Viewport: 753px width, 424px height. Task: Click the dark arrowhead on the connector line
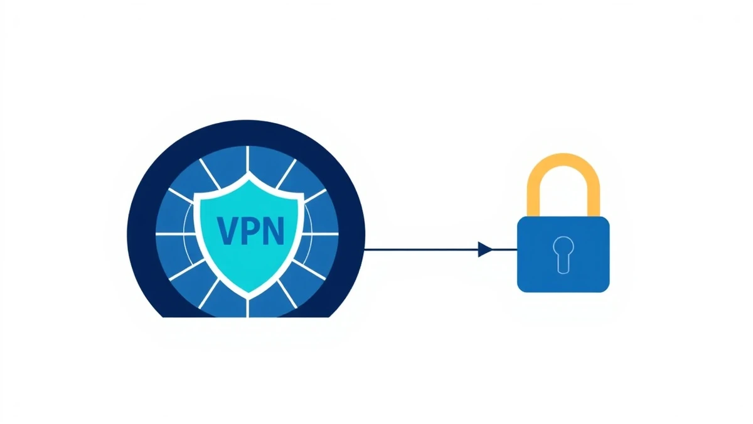click(484, 249)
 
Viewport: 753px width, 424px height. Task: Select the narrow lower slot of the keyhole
click(563, 263)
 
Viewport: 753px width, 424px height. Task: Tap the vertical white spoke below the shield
click(249, 306)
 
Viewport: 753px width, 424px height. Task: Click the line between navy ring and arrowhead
click(420, 249)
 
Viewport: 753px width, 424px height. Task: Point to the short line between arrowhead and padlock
click(505, 249)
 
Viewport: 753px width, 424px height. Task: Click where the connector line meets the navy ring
click(366, 249)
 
